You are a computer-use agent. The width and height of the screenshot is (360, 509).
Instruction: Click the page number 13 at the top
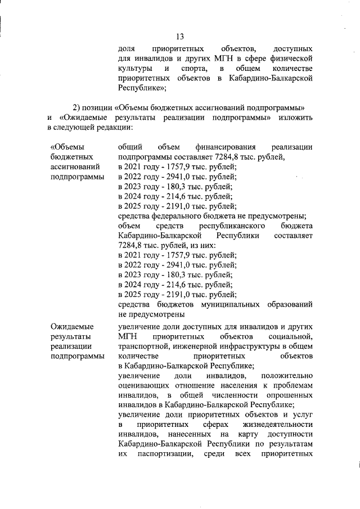tap(180, 37)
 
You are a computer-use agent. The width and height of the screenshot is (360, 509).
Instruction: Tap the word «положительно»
tap(284, 376)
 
